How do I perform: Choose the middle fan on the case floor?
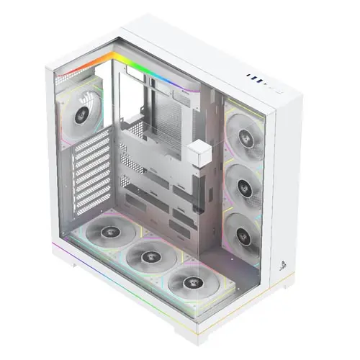[x=148, y=255]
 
